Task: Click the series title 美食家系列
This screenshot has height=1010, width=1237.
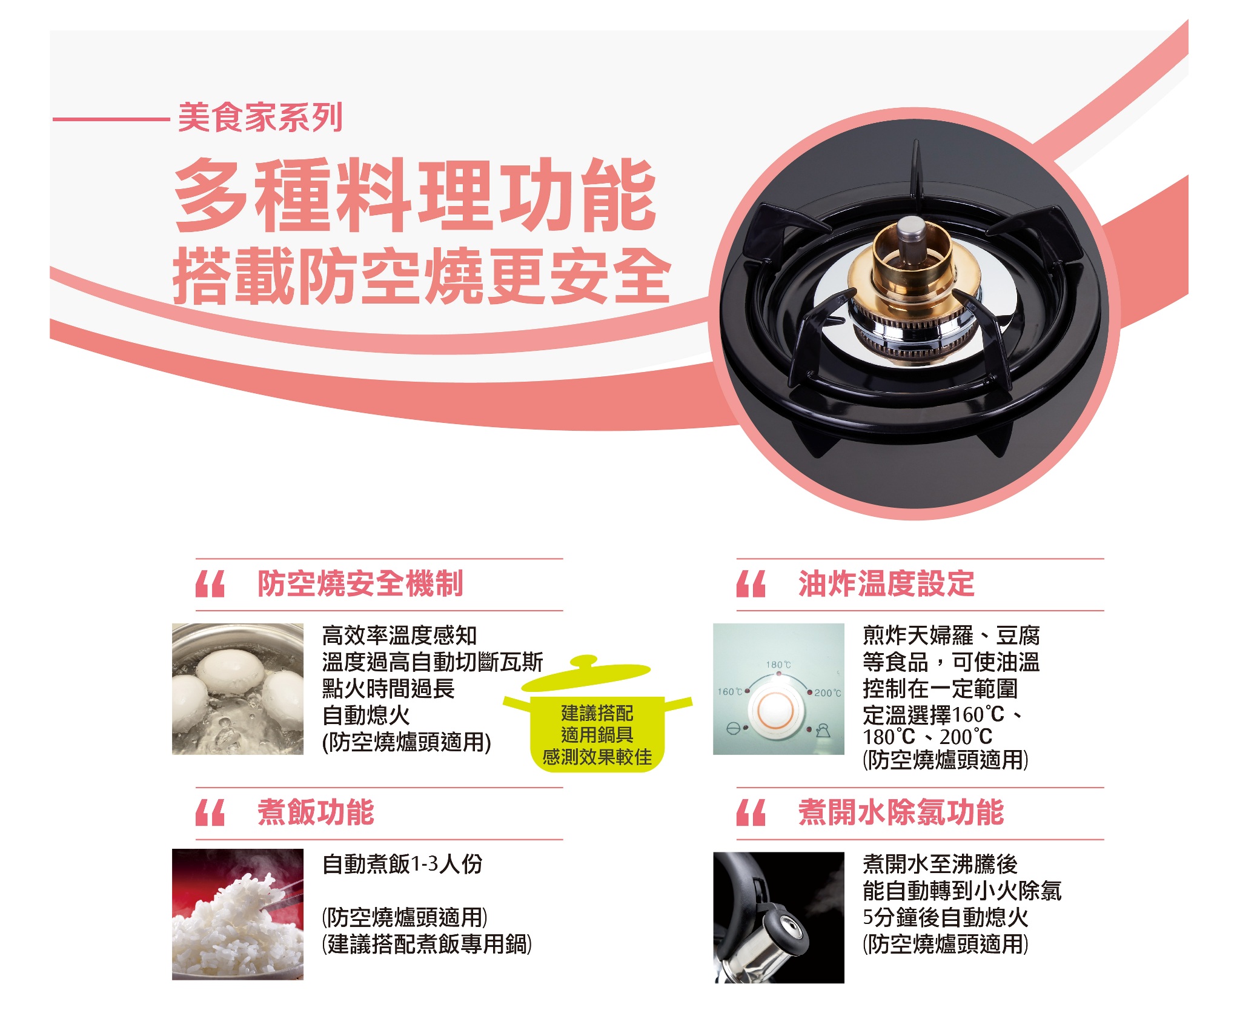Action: pos(260,117)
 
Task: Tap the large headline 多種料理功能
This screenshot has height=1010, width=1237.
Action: pos(416,195)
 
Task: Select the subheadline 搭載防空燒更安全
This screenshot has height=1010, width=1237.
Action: pos(422,276)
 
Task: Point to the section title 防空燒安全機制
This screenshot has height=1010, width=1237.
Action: pos(360,583)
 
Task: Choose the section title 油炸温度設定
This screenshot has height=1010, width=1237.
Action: pos(886,583)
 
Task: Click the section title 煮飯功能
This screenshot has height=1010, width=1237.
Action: pos(316,812)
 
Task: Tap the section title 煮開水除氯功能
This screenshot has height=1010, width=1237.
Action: pos(901,812)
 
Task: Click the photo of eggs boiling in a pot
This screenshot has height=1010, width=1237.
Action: pos(237,689)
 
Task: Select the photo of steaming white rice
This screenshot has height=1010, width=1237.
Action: pos(237,914)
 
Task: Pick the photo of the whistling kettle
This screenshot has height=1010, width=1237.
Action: pos(778,917)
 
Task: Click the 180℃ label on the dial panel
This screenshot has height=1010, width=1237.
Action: pos(778,665)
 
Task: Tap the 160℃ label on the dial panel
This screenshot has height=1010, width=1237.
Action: pos(730,691)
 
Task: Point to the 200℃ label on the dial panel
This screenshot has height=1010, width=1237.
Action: pos(827,693)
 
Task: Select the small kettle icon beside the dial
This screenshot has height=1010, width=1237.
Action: pos(822,730)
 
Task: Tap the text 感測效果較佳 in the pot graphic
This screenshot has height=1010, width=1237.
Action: pos(597,757)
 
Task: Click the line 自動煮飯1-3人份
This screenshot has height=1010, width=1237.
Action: pos(402,864)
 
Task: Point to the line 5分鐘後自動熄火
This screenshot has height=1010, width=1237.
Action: pos(946,917)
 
